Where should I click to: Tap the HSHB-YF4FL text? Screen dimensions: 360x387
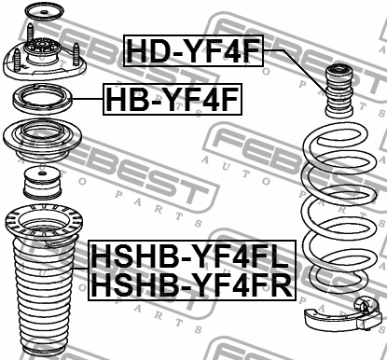pyautogui.click(x=190, y=253)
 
